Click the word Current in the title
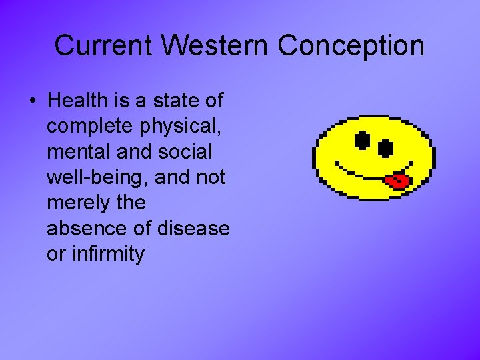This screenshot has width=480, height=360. pyautogui.click(x=104, y=46)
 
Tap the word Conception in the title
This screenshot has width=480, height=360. pyautogui.click(x=351, y=46)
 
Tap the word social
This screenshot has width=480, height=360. pyautogui.click(x=185, y=152)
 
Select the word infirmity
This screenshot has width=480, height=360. pyautogui.click(x=107, y=254)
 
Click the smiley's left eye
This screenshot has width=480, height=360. pyautogui.click(x=361, y=140)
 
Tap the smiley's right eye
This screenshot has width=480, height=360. pyautogui.click(x=386, y=147)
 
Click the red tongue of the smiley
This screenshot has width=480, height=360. pyautogui.click(x=398, y=180)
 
